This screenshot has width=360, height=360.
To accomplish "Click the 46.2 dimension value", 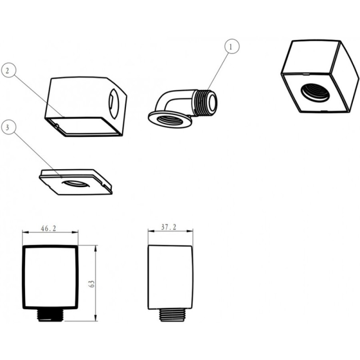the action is tap(49, 229).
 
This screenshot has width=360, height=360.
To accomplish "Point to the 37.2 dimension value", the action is tap(169, 227).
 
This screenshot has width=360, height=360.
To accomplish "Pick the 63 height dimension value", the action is tap(92, 284).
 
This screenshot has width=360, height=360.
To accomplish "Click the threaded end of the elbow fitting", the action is tap(205, 102).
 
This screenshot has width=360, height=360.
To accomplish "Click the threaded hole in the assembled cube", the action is tap(316, 93).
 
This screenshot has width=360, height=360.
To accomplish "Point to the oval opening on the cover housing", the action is tap(114, 104).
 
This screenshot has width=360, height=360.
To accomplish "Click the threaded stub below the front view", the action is tap(50, 315).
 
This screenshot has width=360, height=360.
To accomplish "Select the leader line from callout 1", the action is tap(217, 72).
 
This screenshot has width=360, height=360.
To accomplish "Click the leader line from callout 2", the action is tap(39, 96).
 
